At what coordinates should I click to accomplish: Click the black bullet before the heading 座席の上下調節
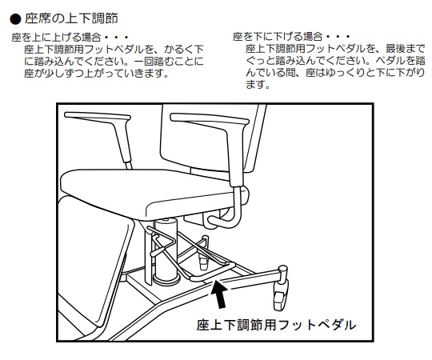15,19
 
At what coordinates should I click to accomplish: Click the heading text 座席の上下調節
72,18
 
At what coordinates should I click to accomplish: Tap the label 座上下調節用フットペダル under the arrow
276,325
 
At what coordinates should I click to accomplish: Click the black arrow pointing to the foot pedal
220,294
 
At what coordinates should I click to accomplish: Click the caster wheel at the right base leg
281,294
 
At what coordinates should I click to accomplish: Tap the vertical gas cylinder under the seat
166,250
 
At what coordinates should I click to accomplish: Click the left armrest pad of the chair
97,117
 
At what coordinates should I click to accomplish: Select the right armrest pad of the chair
210,119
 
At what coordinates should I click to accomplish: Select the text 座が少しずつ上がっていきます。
96,73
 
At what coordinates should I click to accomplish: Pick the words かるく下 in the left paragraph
184,50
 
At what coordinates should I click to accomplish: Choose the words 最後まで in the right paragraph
406,49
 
